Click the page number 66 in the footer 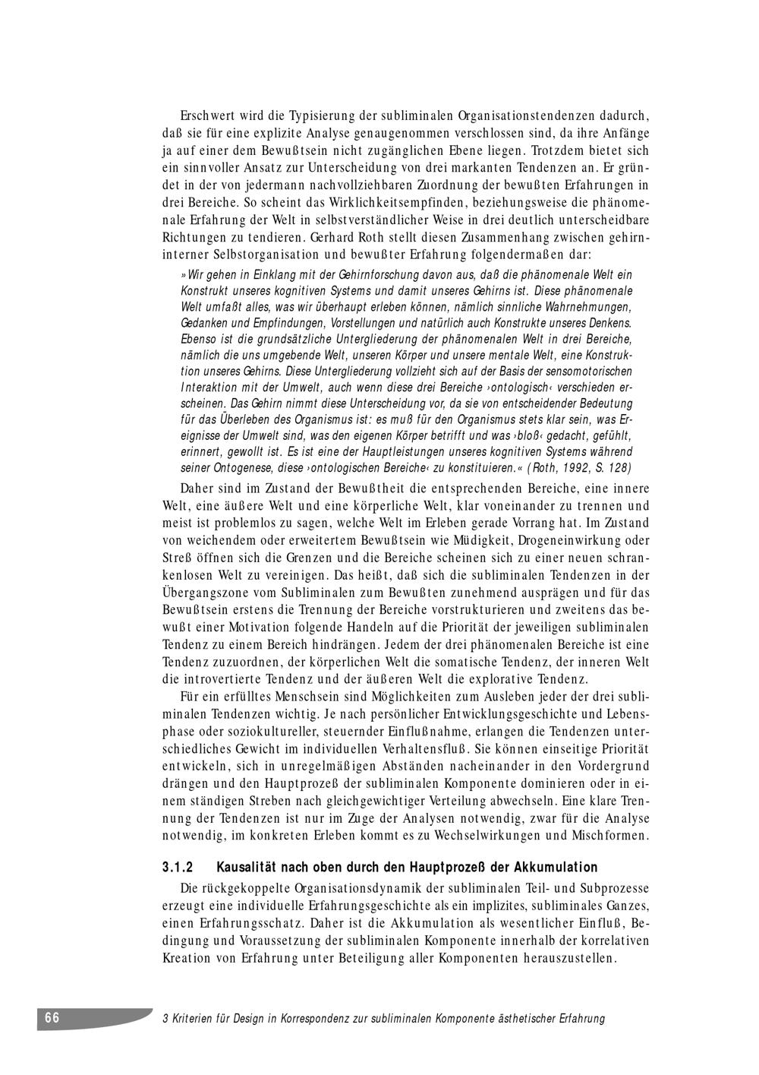(52, 1018)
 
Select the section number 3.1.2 (179, 867)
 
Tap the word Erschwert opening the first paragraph (206, 117)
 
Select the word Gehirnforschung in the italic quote (345, 274)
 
